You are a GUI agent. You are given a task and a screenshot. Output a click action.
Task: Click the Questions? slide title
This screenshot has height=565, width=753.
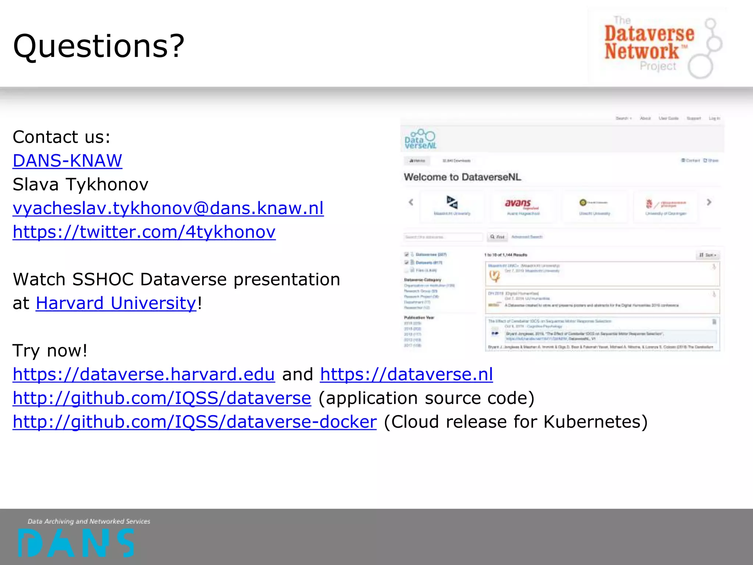point(99,46)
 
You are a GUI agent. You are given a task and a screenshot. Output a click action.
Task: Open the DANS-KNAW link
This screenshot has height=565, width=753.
point(67,161)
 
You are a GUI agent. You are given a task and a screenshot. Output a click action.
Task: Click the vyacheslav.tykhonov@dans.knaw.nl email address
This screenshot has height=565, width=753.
point(168,208)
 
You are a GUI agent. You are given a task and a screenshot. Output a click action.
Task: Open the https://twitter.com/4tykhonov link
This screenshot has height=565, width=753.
point(144,232)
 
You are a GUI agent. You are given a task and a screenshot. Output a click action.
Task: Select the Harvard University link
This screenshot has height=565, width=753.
point(116,303)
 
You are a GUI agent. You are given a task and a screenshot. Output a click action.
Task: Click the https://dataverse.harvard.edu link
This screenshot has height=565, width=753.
point(144,374)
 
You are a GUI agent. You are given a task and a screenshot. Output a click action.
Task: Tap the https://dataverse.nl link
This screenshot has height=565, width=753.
point(406,374)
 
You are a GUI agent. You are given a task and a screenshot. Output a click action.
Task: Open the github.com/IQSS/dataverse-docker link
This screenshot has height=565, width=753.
point(195,422)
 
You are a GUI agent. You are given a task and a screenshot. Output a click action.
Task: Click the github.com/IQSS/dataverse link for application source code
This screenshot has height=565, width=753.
point(162,398)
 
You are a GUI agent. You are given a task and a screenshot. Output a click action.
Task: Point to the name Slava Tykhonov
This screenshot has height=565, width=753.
point(81,184)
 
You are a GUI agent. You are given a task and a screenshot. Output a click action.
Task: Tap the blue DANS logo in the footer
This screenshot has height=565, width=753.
point(76,542)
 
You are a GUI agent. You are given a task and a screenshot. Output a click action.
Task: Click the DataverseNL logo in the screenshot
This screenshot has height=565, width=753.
point(420,139)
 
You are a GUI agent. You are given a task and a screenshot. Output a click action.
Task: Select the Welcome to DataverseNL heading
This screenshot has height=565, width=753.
point(463,177)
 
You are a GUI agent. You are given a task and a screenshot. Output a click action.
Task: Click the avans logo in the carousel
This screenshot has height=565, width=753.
point(522,205)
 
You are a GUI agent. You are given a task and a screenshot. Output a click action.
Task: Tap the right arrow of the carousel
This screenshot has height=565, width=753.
point(709,202)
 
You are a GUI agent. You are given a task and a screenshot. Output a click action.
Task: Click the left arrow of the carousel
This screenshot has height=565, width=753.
point(411,202)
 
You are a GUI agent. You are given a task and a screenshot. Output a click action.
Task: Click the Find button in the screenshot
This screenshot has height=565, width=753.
point(497,237)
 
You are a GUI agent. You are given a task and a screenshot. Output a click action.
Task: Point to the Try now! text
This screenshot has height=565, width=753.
point(50,351)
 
